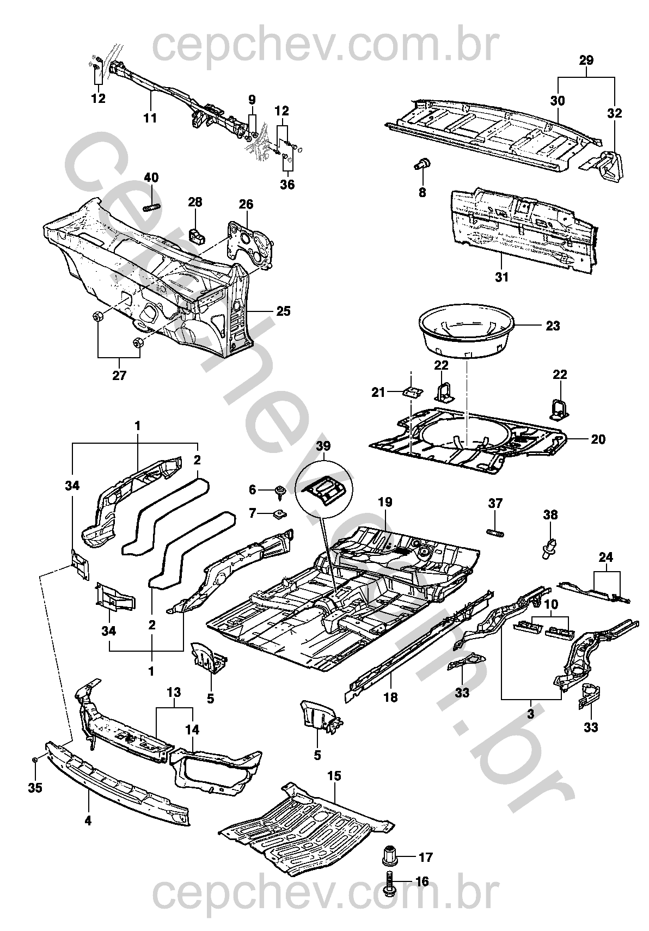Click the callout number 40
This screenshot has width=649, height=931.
point(151,178)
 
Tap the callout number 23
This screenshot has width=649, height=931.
point(553,326)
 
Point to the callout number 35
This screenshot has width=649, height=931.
point(35,788)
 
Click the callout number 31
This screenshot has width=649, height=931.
point(502,277)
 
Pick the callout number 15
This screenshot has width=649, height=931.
point(334,776)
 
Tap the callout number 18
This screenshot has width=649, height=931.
point(390,697)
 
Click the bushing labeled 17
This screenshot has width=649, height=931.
point(390,856)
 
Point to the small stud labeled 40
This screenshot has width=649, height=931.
point(152,206)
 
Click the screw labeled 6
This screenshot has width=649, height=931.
point(280,492)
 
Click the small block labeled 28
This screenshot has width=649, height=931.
point(198,236)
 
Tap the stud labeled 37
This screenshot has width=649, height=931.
point(495,532)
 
